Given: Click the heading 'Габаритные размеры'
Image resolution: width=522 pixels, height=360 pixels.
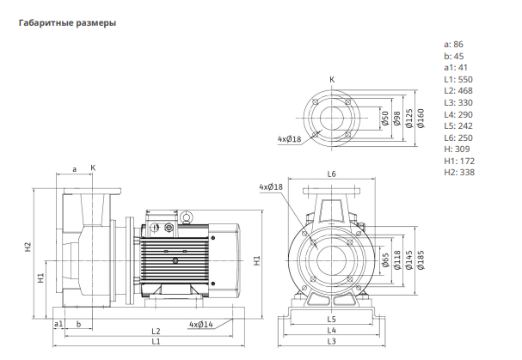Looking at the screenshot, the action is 68,23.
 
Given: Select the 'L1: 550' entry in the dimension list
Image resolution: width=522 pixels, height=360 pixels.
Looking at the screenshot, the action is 458,80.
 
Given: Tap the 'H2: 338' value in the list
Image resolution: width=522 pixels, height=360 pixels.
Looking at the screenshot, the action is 459,173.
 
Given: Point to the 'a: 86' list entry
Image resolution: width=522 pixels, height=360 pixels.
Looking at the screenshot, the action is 453,45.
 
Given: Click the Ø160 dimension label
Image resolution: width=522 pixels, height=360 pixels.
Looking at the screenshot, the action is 421,119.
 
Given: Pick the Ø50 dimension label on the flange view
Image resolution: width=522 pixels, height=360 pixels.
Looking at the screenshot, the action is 385,119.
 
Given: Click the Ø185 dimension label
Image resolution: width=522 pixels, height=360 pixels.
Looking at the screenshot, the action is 421,260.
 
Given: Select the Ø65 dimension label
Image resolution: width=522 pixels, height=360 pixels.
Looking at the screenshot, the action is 385,260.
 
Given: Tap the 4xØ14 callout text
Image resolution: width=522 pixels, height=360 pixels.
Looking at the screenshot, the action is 201,324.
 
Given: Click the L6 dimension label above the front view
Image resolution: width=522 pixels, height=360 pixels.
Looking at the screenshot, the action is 332,174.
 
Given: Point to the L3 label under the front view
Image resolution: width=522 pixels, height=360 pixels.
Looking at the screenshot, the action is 332,341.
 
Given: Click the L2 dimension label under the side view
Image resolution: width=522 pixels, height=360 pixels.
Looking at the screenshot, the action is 156,332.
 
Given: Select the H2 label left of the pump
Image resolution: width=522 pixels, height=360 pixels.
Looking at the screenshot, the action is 28,247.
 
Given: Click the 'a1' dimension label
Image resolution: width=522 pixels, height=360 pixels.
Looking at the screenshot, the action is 58,324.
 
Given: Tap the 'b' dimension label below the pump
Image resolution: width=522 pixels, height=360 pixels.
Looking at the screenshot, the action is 78,324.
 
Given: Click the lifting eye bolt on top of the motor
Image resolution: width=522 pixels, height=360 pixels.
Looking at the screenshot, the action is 186,217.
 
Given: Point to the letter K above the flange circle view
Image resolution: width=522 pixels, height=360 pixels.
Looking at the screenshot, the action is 332,80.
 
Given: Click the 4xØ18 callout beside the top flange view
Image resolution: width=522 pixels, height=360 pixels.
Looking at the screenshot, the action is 289,138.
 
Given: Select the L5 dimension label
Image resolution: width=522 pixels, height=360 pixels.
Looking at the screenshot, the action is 332,320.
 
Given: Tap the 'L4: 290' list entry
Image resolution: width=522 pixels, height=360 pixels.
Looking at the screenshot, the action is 458,115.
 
